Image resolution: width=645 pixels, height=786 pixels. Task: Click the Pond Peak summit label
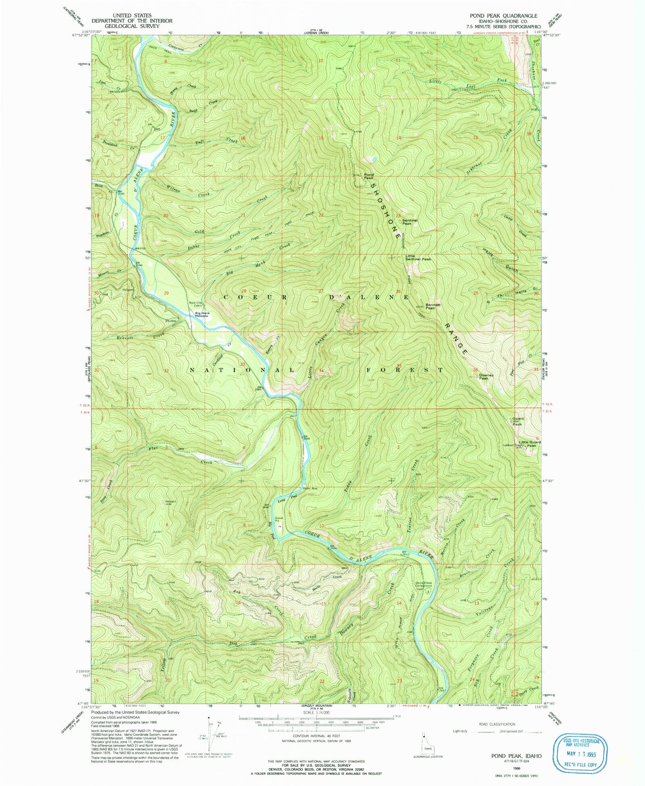pyautogui.click(x=369, y=176)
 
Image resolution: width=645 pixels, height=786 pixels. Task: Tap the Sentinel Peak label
pyautogui.click(x=409, y=221)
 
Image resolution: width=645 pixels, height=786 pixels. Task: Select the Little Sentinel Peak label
pyautogui.click(x=418, y=257)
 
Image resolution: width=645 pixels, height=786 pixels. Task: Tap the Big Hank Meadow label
pyautogui.click(x=202, y=314)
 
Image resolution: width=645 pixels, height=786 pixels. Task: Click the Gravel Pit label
pyautogui.click(x=279, y=520)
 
